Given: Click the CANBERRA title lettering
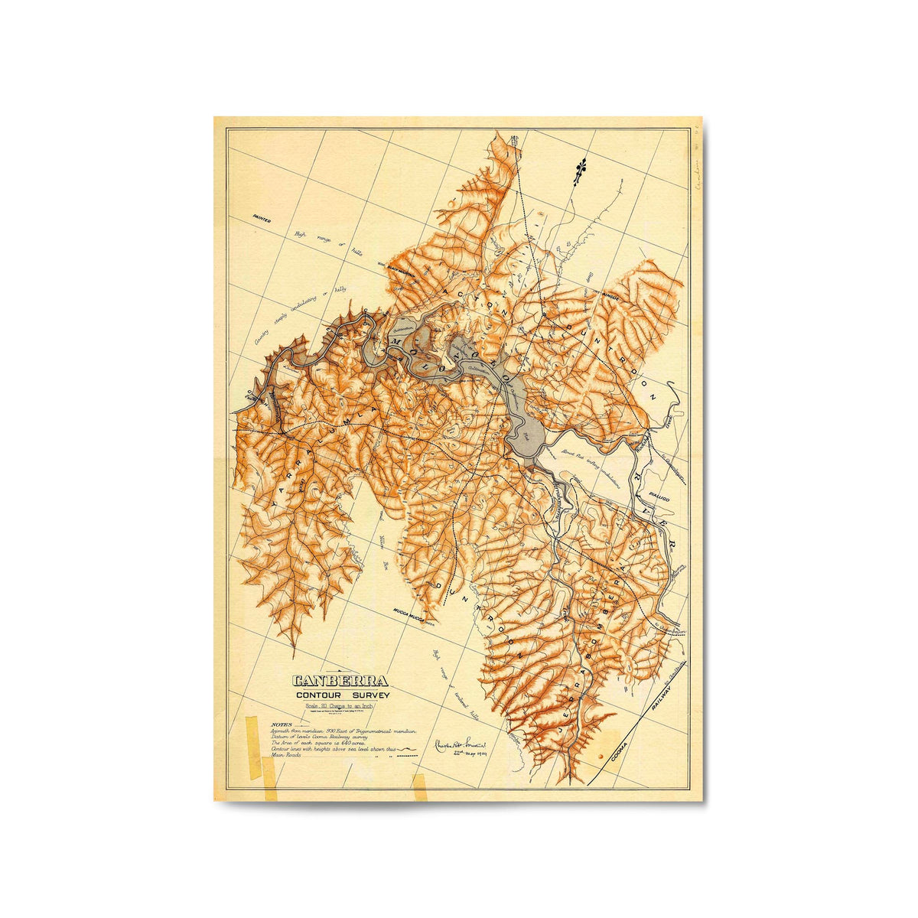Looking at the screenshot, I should pos(340,681).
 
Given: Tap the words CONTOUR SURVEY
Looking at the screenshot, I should pos(343,695).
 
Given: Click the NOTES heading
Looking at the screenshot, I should pos(281,724).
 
